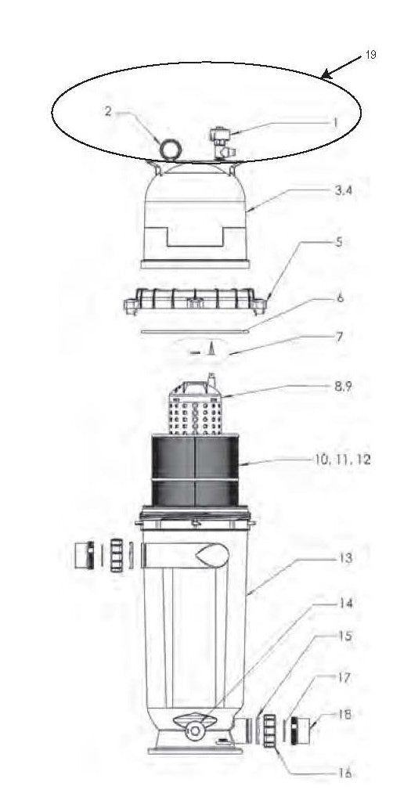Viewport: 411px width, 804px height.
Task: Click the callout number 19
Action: [370, 55]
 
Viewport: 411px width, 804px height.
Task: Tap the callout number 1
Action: [336, 123]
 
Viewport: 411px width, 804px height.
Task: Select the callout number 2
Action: [108, 112]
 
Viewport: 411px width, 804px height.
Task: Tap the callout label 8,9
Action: [343, 386]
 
